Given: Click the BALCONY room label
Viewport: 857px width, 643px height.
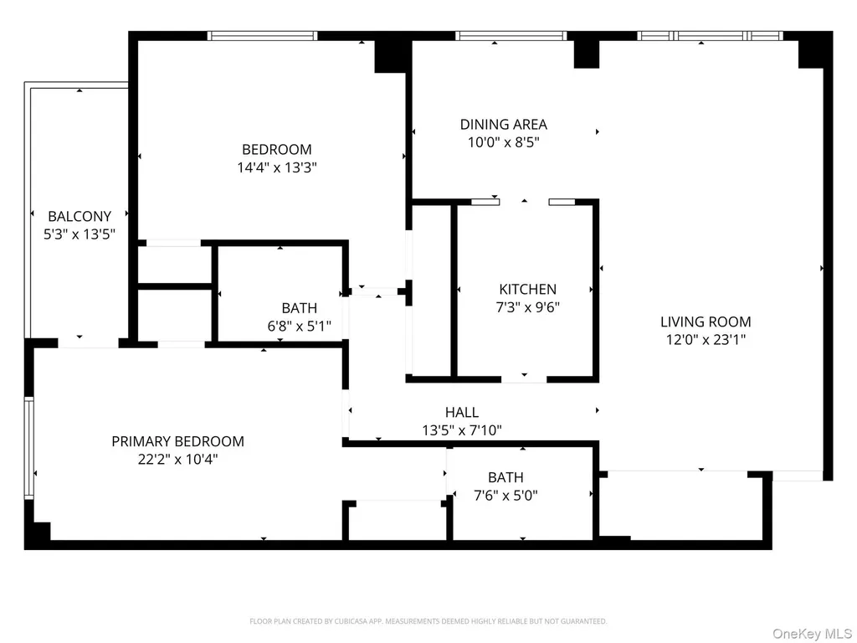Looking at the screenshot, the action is [80, 217].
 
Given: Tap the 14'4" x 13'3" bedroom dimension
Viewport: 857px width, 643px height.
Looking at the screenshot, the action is [277, 167].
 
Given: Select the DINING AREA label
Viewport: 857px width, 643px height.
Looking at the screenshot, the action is [503, 125].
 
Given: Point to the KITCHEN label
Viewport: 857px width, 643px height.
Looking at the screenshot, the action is [528, 289].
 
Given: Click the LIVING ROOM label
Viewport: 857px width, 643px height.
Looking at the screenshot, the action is [706, 321].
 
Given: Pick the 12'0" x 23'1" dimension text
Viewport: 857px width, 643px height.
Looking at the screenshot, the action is [706, 340].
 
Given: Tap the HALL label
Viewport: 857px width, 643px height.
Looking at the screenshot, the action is [462, 412].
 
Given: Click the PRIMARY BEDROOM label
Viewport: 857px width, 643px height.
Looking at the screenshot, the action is [177, 441].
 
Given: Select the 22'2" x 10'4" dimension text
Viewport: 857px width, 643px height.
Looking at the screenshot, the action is [177, 460].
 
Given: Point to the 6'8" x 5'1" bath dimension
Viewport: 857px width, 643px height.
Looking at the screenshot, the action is [299, 327].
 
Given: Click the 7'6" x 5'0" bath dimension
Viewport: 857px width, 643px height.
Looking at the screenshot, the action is [505, 496].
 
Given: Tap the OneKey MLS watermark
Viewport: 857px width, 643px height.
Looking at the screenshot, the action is [812, 634].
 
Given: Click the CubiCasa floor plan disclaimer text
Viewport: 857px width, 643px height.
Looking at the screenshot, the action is [428, 621].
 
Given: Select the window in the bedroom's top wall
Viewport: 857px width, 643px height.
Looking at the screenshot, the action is [262, 36].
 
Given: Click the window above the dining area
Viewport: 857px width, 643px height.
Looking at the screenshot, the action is [511, 36].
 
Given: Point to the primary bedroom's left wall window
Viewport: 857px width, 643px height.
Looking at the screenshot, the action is [29, 448].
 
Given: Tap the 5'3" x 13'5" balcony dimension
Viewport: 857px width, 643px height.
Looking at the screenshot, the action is [80, 234].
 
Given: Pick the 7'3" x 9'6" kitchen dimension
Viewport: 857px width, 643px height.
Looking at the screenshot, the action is [528, 307].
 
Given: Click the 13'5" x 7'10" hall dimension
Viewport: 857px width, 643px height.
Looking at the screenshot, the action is [462, 430].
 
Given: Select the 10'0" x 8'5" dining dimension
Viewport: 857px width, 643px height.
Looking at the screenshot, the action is [503, 142].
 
